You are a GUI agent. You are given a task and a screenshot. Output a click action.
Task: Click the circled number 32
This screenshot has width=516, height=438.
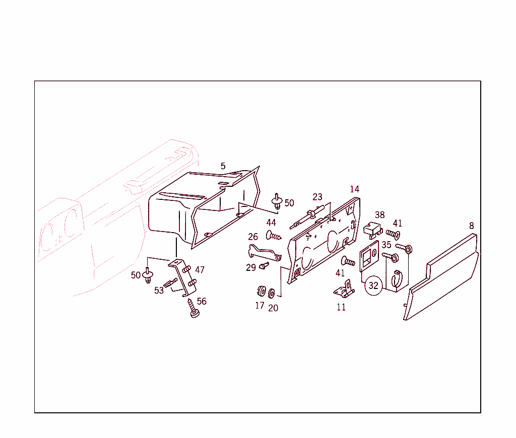[373, 285]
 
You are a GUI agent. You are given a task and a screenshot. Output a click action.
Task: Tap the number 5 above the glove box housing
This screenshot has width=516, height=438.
[223, 166]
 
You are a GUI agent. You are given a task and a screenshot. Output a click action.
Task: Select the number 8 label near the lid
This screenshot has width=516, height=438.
[472, 226]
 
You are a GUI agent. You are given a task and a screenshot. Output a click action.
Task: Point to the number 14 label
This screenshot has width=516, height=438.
[354, 189]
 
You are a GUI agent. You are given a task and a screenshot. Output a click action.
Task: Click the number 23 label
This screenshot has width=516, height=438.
[317, 197]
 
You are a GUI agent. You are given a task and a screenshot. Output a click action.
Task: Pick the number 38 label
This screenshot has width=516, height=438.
[379, 215]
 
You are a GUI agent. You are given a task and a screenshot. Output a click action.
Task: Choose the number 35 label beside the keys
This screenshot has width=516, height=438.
[386, 245]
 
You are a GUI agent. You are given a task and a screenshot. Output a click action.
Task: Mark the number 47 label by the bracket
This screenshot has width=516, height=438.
[200, 270]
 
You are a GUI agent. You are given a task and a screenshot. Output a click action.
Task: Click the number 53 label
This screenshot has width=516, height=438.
[159, 290]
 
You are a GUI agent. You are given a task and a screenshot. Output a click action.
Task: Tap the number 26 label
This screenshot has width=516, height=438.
[253, 237]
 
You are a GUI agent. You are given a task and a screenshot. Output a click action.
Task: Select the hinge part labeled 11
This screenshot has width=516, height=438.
[344, 289]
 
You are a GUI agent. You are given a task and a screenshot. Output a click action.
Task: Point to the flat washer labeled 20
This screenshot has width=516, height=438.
[272, 294]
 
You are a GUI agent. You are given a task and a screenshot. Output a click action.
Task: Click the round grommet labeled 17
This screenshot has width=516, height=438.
[262, 291]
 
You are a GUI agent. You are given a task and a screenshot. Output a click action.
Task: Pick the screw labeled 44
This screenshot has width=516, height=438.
[274, 236]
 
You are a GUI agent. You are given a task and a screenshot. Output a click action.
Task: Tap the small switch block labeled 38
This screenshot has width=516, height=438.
[372, 229]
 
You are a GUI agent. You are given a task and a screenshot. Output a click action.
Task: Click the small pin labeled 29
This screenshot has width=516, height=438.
[264, 265]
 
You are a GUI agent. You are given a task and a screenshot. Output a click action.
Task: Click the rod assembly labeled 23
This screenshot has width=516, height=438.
[307, 216]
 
